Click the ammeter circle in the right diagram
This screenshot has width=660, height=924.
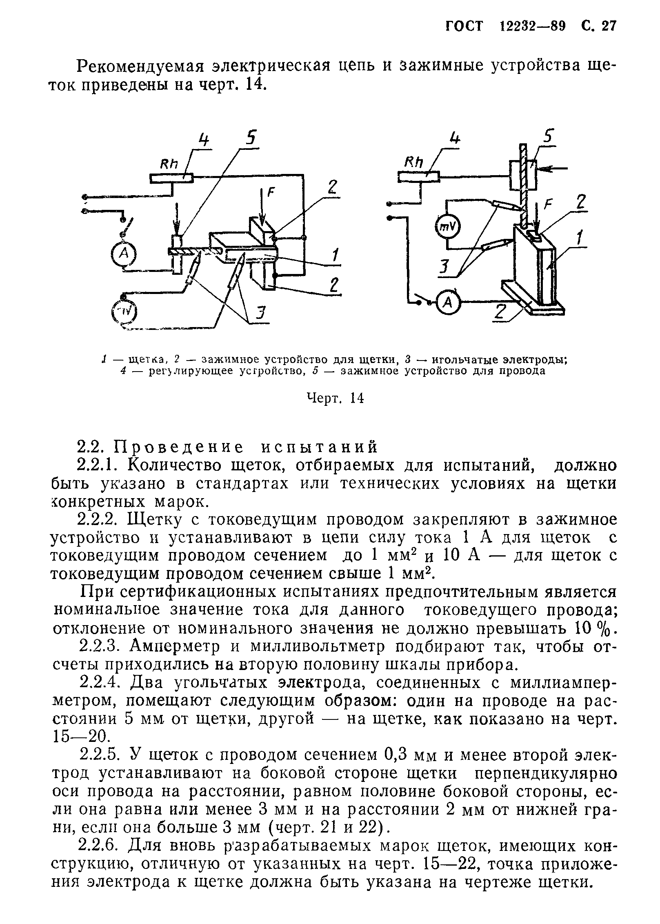448,302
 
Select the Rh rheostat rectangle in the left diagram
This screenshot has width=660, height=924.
171,178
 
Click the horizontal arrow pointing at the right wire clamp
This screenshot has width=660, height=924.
553,168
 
